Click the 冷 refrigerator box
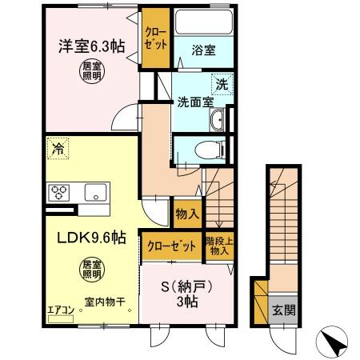(x=57, y=146)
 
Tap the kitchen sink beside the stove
(x=94, y=191)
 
